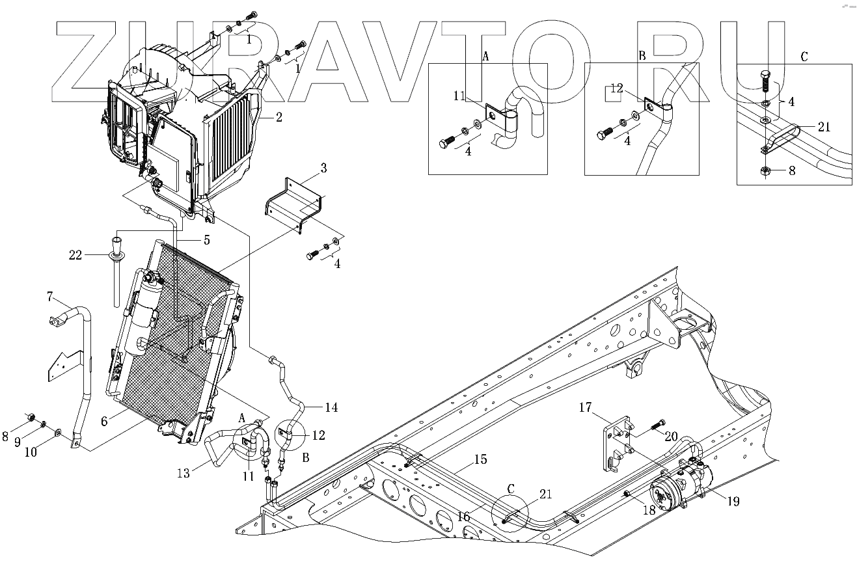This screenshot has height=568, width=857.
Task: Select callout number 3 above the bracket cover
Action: (323, 169)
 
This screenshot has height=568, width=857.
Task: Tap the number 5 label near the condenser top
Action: (206, 240)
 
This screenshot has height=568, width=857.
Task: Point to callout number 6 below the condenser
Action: (104, 422)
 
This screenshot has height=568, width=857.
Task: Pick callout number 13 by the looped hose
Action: (184, 473)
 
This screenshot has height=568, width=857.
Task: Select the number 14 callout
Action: (331, 408)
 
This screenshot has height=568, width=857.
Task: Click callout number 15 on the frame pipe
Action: (480, 460)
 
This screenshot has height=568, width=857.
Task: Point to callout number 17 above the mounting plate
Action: (586, 408)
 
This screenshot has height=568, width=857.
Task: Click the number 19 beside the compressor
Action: (733, 502)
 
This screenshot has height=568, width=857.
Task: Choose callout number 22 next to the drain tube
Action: (76, 255)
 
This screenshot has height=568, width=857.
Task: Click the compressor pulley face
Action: (665, 495)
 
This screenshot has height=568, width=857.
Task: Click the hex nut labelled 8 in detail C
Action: (765, 172)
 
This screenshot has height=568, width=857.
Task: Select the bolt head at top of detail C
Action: (766, 81)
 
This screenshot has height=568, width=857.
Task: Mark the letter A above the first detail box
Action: (485, 57)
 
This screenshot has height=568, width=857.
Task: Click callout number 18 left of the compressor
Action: (649, 511)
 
